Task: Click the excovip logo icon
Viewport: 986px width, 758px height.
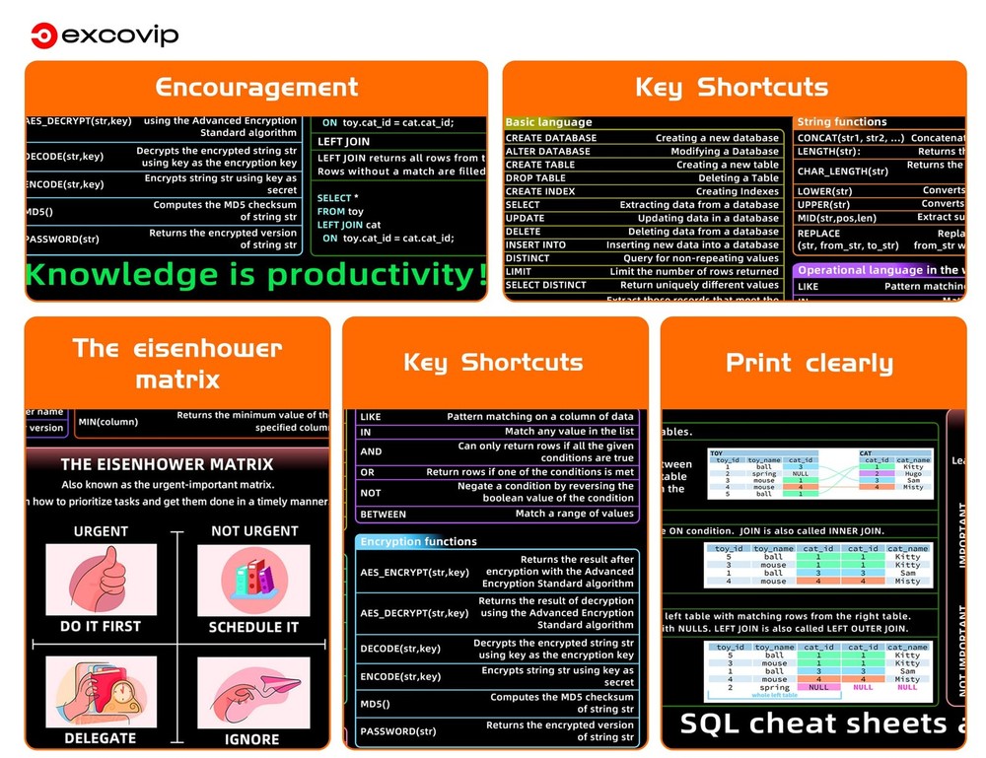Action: (x=41, y=36)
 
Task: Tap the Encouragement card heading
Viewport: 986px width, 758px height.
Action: (x=256, y=87)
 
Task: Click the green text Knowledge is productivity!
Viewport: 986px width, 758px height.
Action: (x=255, y=275)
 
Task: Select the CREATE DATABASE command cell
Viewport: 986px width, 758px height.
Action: (x=551, y=138)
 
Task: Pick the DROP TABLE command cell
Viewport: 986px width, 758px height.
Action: (x=535, y=178)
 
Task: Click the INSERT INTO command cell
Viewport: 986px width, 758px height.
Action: (x=536, y=244)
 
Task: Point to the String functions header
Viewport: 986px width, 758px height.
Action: (x=842, y=121)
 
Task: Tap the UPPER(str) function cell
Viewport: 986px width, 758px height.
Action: (x=825, y=204)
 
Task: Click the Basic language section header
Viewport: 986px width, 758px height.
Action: (x=549, y=122)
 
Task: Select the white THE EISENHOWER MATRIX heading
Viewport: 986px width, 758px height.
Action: (x=167, y=463)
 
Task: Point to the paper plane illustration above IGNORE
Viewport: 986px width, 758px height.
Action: (x=252, y=690)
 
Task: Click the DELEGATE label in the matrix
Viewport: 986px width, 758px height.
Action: (x=101, y=737)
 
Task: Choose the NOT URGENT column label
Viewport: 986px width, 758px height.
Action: (x=254, y=531)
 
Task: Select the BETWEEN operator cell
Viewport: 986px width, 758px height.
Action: (x=384, y=515)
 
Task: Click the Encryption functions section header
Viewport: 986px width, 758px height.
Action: (x=418, y=541)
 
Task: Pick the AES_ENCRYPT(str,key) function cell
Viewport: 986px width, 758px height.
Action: (x=414, y=572)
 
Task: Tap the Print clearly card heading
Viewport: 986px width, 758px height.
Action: (x=810, y=363)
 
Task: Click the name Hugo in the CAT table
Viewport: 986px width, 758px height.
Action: (x=913, y=474)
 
